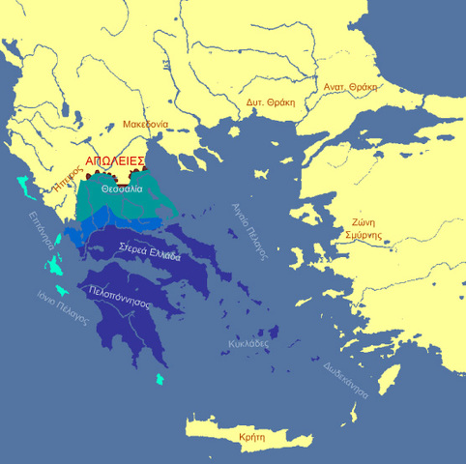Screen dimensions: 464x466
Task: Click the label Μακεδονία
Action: coord(146,124)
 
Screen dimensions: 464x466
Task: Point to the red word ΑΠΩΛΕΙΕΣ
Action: coord(115,160)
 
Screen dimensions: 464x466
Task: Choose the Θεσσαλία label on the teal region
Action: coord(121,189)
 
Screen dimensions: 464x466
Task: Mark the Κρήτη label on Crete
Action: coord(251,437)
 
